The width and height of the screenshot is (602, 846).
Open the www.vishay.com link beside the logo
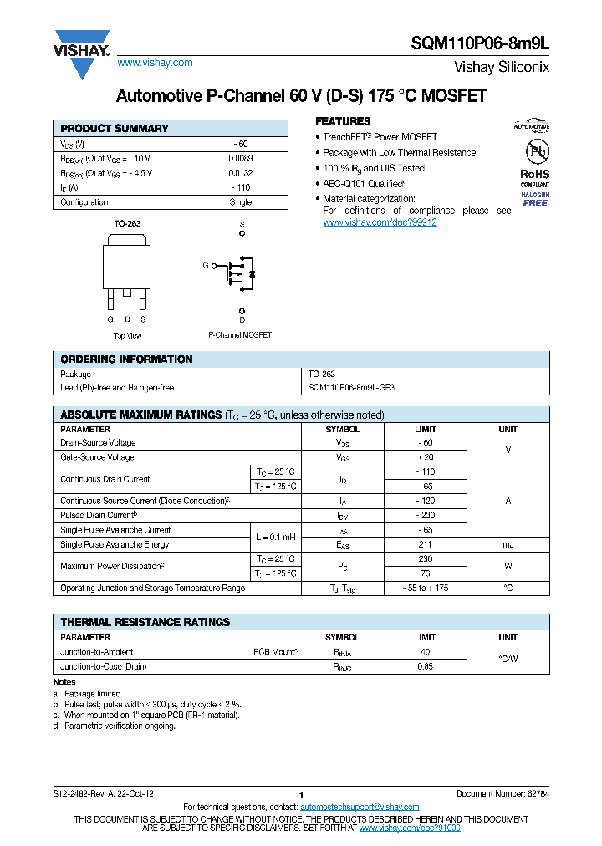tap(155, 63)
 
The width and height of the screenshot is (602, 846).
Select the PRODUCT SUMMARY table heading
tap(115, 129)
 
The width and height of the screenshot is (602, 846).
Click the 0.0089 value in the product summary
tap(241, 158)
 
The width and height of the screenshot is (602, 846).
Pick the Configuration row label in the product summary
tap(84, 202)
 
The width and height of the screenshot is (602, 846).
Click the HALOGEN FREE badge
tap(535, 199)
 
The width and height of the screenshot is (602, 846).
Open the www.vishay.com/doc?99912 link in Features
tap(380, 222)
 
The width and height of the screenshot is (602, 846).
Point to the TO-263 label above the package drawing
tap(126, 225)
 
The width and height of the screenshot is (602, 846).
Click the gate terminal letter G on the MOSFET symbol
tap(205, 265)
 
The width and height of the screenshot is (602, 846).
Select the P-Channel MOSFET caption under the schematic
tap(240, 334)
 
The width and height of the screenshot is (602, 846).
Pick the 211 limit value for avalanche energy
tap(425, 544)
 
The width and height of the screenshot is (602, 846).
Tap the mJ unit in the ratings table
tap(508, 544)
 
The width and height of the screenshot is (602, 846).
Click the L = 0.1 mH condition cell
tap(275, 537)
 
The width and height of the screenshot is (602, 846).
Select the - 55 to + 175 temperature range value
tap(425, 588)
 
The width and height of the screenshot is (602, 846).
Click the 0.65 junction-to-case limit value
tap(425, 666)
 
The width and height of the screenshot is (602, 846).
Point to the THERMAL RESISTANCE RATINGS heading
tap(145, 622)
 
